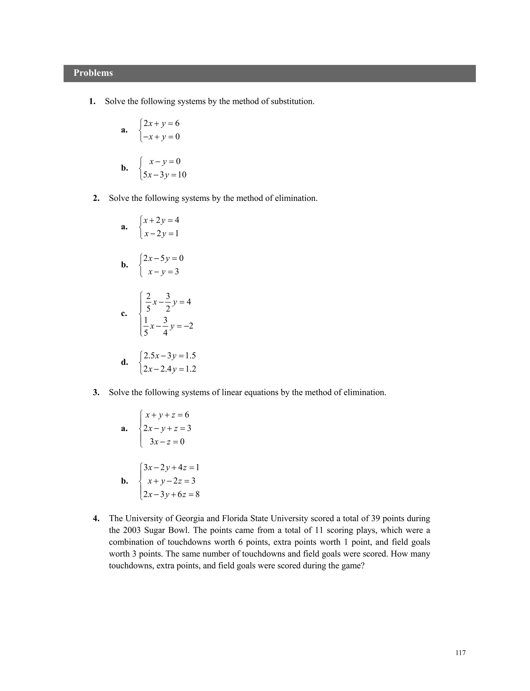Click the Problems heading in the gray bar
click(x=93, y=73)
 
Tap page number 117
click(x=460, y=653)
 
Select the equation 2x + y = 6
click(x=161, y=123)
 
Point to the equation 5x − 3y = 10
click(x=164, y=175)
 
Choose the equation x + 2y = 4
click(x=161, y=220)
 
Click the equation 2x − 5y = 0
click(x=163, y=258)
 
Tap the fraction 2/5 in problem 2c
click(x=148, y=302)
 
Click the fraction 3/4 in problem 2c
click(x=165, y=326)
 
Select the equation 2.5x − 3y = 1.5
click(x=170, y=355)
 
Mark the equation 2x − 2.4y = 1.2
click(x=170, y=369)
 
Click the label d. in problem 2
click(x=124, y=362)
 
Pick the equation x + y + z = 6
click(x=167, y=415)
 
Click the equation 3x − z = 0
click(x=167, y=441)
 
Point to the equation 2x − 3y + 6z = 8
click(x=171, y=494)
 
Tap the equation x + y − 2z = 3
click(x=171, y=481)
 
